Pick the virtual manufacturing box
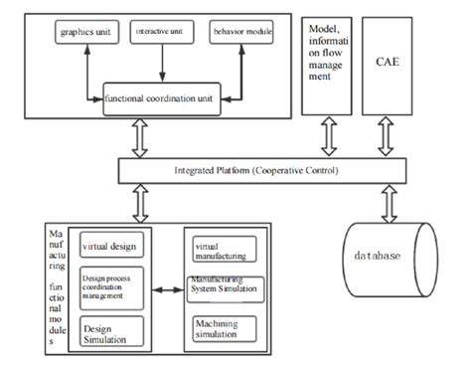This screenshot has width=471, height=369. point(222,247)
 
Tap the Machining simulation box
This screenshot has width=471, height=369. point(221,327)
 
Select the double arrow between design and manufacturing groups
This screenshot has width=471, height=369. point(166,290)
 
